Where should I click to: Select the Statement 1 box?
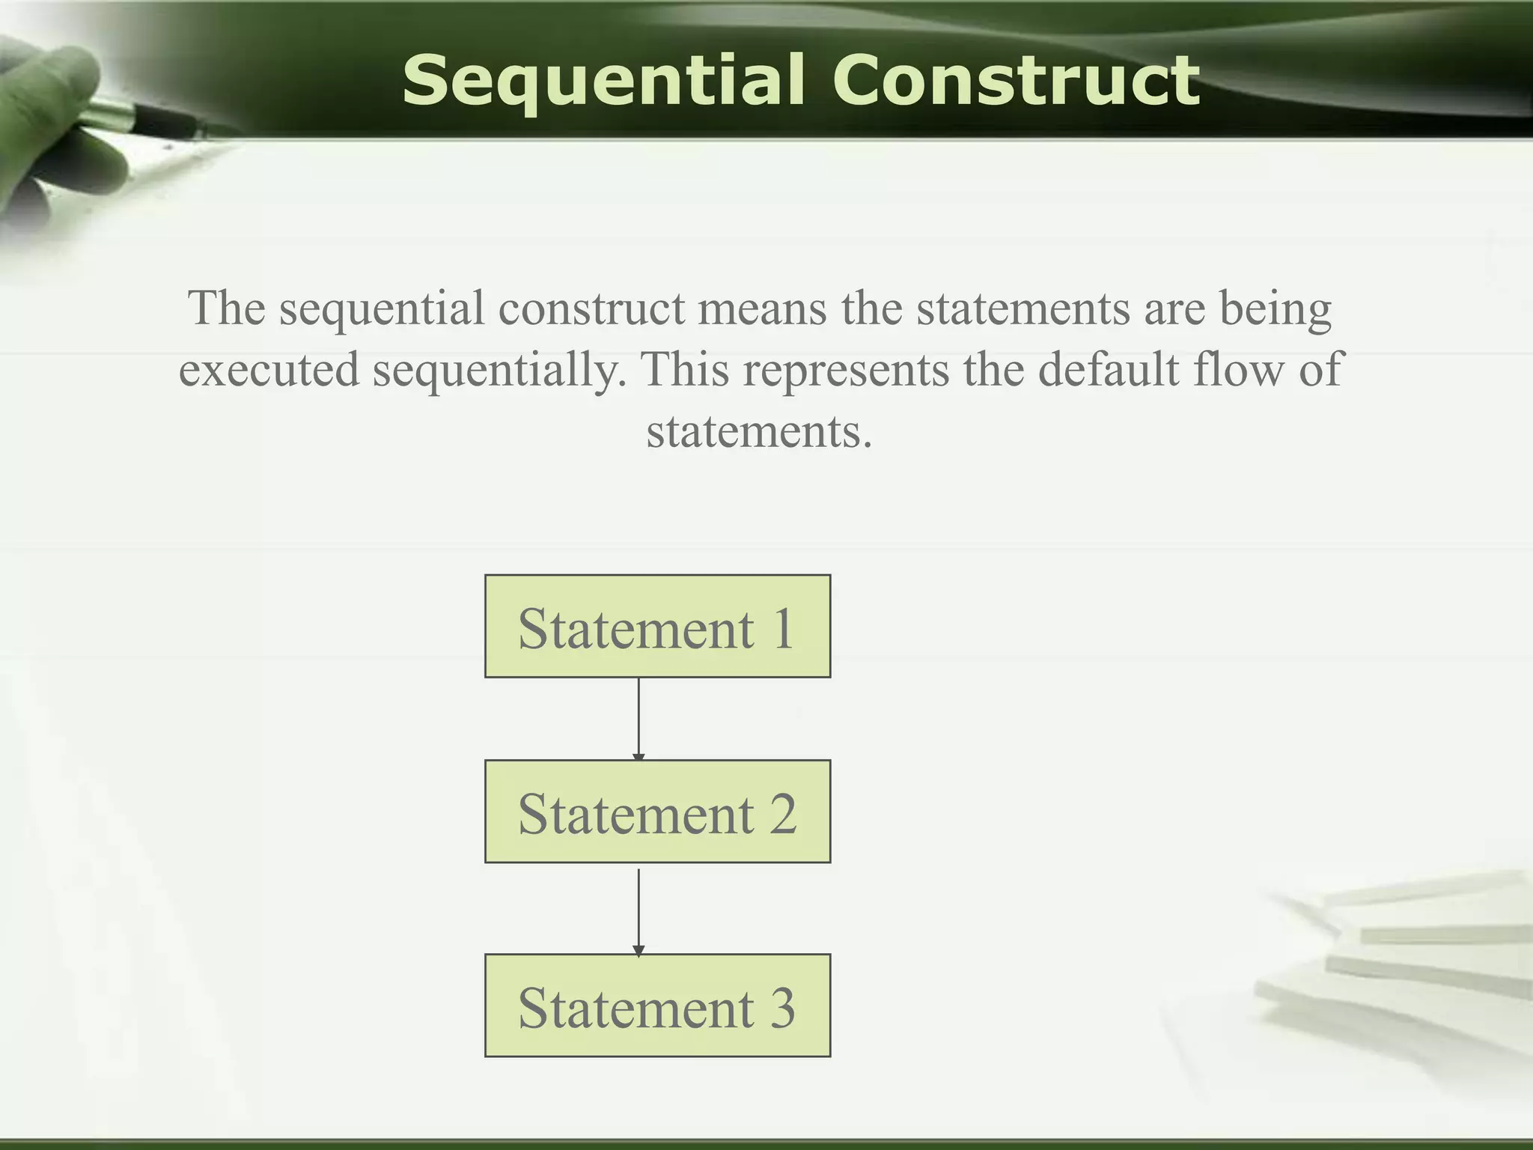click(657, 627)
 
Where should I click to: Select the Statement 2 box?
click(657, 812)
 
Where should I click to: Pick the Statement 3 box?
click(657, 1006)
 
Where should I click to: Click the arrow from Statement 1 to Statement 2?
click(639, 719)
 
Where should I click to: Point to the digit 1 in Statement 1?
click(783, 628)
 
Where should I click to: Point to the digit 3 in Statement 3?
click(782, 1008)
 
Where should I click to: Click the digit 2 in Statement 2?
click(782, 814)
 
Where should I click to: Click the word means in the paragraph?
click(762, 308)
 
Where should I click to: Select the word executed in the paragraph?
click(269, 370)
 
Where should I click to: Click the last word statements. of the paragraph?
click(759, 432)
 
